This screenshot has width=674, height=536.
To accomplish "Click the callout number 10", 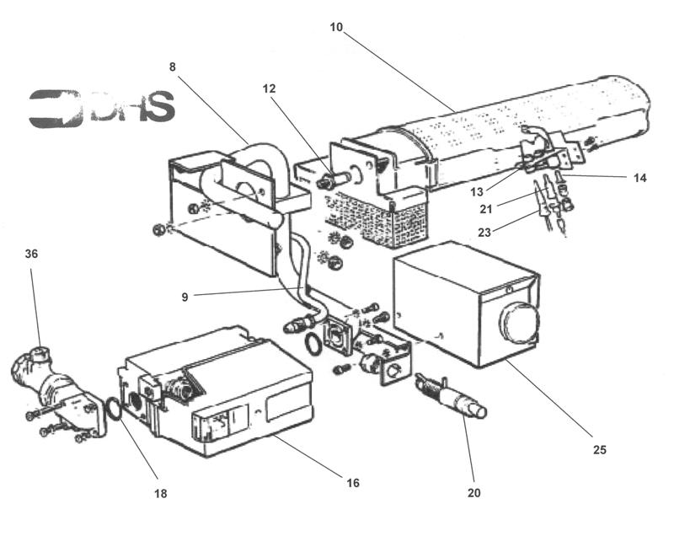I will (x=337, y=28).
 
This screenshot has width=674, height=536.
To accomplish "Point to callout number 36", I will (x=32, y=254).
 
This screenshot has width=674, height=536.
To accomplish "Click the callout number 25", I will (x=600, y=449).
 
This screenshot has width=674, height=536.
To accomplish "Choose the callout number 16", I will (x=353, y=483).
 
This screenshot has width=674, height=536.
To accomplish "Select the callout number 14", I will (x=639, y=178).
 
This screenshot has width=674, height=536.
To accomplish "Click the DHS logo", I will (x=101, y=108).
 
